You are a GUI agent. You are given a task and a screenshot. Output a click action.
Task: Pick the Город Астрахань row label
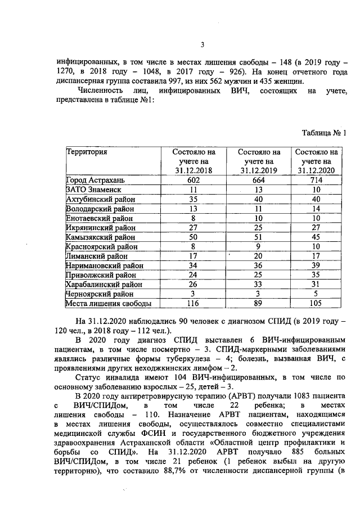pos(94,180)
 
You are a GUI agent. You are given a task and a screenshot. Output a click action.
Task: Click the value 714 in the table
pos(316,180)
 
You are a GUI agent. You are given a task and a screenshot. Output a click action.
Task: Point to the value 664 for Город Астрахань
pos(259,180)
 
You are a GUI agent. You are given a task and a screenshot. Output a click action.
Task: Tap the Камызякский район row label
pos(96,237)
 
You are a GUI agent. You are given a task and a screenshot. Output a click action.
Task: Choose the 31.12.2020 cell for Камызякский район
pos(316,237)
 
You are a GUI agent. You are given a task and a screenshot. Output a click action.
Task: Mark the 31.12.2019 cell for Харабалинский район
pos(259,285)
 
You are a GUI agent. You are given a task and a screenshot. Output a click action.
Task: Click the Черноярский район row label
pos(96,294)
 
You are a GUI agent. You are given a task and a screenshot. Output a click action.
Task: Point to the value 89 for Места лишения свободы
pos(259,304)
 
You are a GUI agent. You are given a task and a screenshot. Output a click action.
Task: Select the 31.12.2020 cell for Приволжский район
pos(316,275)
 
